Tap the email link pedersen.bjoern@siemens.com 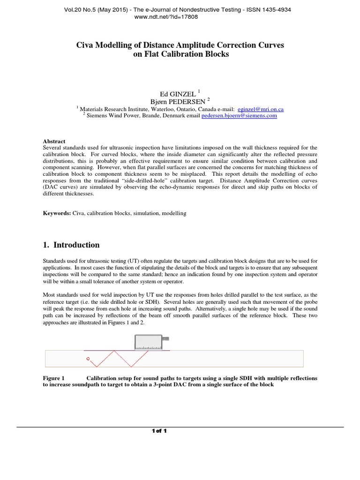coord(239,115)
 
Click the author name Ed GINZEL coord(173,94)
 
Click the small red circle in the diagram coord(88,359)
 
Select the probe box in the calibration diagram coord(148,342)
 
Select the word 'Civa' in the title coord(86,45)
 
